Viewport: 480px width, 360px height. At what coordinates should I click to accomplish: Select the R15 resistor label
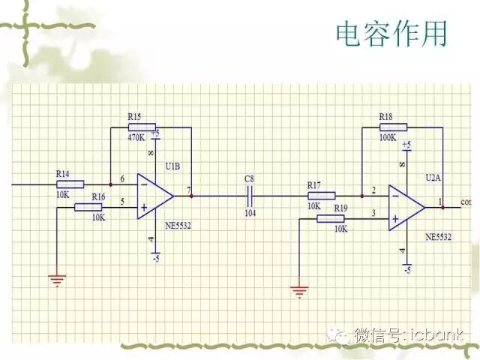pyautogui.click(x=134, y=117)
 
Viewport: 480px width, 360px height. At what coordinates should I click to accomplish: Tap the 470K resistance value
pyautogui.click(x=136, y=138)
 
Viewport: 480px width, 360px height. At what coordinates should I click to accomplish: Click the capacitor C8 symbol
pyautogui.click(x=250, y=196)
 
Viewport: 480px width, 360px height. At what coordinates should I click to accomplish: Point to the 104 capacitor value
pyautogui.click(x=250, y=214)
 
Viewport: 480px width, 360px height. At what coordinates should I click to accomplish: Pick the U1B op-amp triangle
pyautogui.click(x=154, y=196)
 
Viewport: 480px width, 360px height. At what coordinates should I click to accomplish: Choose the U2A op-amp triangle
pyautogui.click(x=406, y=208)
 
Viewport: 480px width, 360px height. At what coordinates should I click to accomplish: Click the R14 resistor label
pyautogui.click(x=63, y=174)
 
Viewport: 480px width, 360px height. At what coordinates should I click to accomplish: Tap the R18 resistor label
pyautogui.click(x=385, y=117)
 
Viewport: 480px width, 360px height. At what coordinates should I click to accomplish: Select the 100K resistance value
pyautogui.click(x=387, y=139)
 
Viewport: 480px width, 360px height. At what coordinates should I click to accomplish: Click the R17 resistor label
pyautogui.click(x=313, y=184)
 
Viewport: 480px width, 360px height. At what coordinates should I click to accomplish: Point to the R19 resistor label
pyautogui.click(x=340, y=207)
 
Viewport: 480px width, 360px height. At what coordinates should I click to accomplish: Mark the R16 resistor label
pyautogui.click(x=98, y=196)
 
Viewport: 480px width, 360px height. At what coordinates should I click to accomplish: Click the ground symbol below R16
pyautogui.click(x=56, y=280)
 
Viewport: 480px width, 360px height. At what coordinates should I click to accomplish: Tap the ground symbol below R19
pyautogui.click(x=299, y=289)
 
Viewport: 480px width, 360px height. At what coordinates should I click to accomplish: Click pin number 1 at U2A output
pyautogui.click(x=440, y=201)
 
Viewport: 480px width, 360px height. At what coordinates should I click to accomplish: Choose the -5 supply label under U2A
pyautogui.click(x=406, y=268)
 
